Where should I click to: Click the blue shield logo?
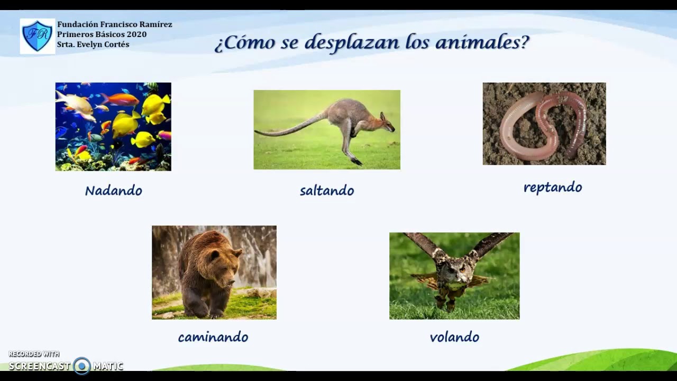37,36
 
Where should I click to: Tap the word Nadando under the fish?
113,190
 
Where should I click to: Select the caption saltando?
326,190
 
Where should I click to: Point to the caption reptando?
552,187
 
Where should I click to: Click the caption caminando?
213,337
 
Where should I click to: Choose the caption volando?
454,337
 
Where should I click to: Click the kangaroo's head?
386,123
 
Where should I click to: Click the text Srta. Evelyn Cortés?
93,44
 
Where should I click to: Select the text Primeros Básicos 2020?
102,34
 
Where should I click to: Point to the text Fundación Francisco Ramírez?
114,24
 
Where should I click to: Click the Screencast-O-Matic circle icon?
81,366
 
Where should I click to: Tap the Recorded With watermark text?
34,354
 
